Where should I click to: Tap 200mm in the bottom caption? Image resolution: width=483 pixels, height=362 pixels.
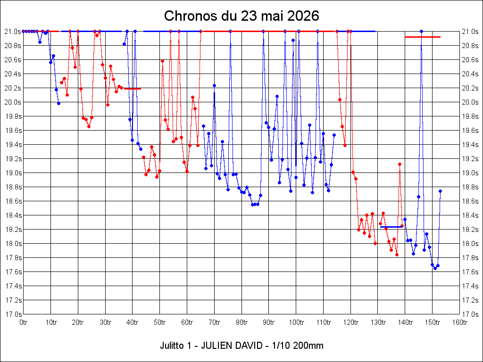308,346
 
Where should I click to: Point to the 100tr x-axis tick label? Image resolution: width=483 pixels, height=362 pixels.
296,322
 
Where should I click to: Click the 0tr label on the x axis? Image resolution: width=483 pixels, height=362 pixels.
24,322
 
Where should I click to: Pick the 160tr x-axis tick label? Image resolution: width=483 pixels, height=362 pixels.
459,322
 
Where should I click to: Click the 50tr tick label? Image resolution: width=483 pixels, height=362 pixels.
159,322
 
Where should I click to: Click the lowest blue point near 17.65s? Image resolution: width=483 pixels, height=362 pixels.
435,268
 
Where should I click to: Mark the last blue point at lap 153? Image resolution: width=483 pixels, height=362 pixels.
440,191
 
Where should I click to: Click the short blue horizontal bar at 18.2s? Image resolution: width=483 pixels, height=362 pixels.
391,227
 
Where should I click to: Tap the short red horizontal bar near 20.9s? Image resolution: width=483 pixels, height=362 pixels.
423,37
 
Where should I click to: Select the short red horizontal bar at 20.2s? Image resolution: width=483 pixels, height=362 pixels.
132,89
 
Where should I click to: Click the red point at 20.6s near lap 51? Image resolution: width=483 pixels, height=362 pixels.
162,61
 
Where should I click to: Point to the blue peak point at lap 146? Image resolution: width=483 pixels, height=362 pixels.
421,32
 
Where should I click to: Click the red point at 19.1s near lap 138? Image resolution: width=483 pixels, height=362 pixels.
400,165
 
